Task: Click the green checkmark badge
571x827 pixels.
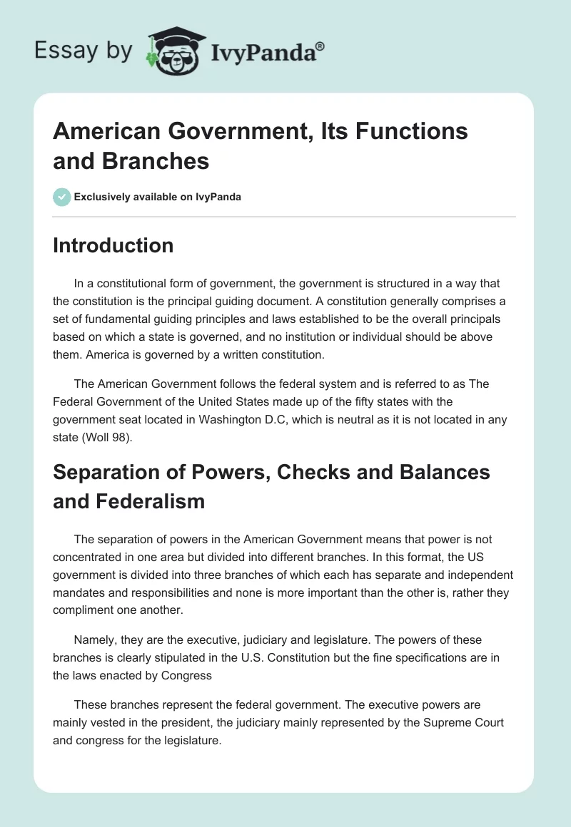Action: coord(62,197)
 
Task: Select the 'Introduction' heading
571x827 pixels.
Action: coord(113,245)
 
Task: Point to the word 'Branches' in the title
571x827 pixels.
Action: coord(156,161)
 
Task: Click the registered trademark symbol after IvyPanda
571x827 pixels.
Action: coord(320,46)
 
